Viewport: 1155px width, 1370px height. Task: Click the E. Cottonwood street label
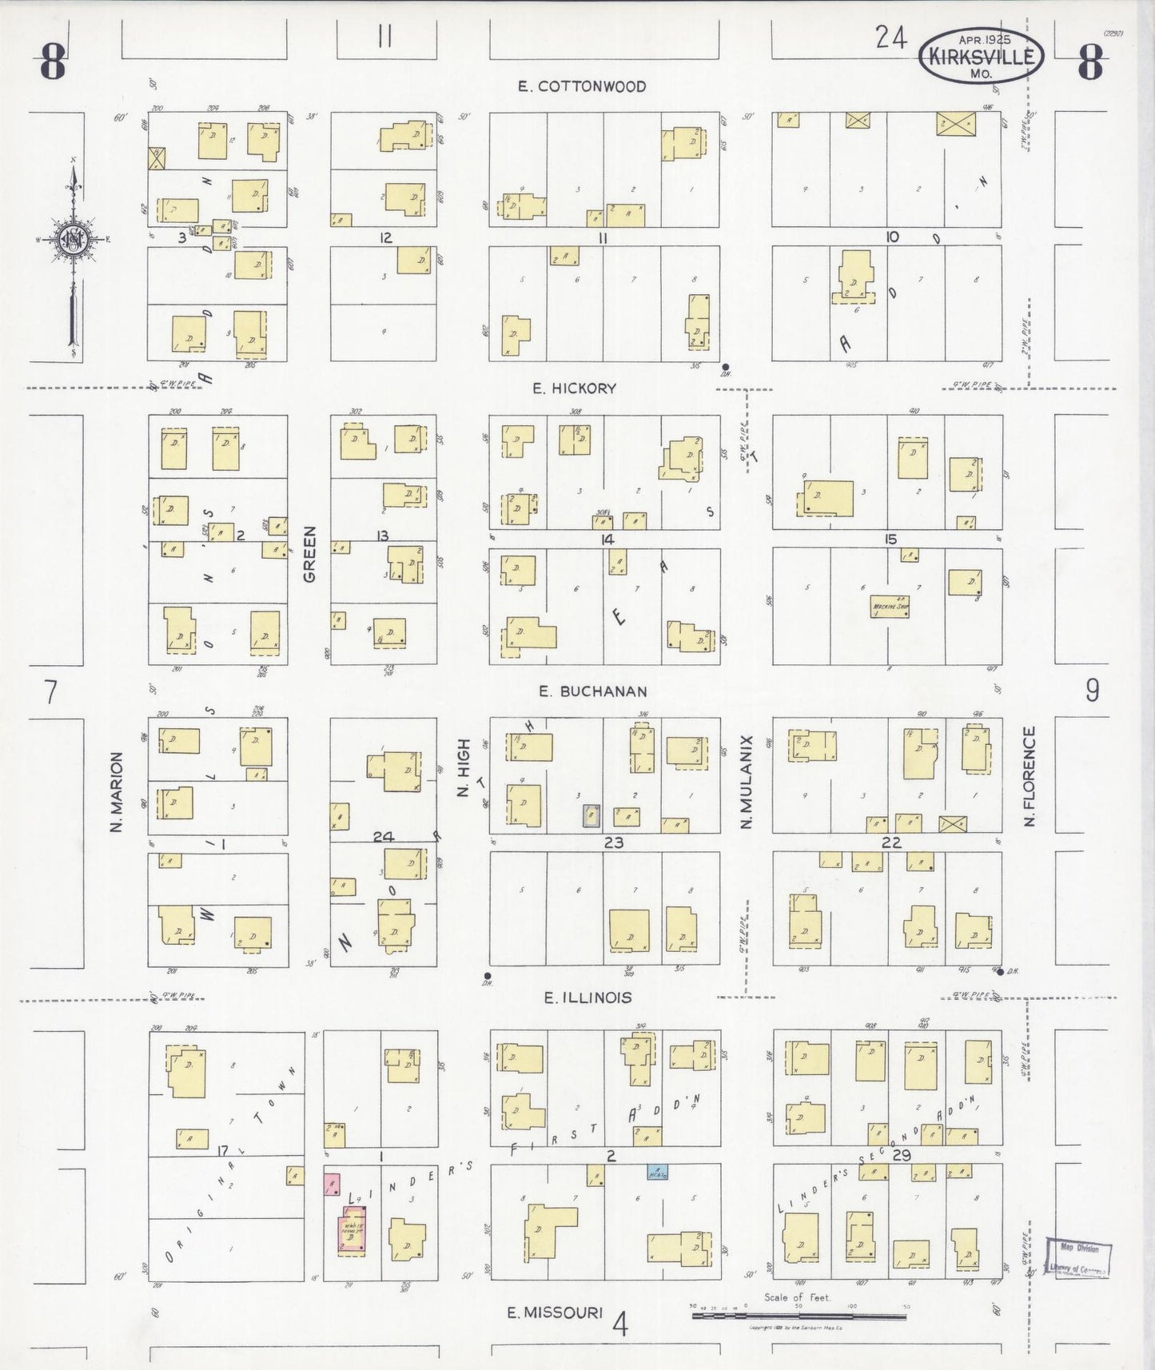click(x=581, y=86)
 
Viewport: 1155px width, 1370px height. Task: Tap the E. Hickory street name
click(x=575, y=388)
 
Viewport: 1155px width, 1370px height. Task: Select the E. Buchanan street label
click(x=592, y=691)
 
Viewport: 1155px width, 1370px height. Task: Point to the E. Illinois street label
click(x=587, y=998)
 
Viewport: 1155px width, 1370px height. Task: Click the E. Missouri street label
click(x=555, y=1312)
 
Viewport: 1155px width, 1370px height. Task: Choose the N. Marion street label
click(x=117, y=791)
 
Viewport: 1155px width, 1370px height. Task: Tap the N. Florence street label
click(x=1030, y=776)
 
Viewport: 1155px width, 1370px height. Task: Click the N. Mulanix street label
click(x=747, y=782)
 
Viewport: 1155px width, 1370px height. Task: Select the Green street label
click(x=310, y=553)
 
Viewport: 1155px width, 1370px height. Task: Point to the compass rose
click(x=74, y=240)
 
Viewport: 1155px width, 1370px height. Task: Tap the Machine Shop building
click(x=890, y=607)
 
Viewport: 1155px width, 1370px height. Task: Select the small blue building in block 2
click(x=657, y=1172)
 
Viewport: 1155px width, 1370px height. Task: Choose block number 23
click(x=613, y=842)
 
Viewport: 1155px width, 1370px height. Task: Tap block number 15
click(x=890, y=540)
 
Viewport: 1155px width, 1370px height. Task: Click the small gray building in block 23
click(x=591, y=814)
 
